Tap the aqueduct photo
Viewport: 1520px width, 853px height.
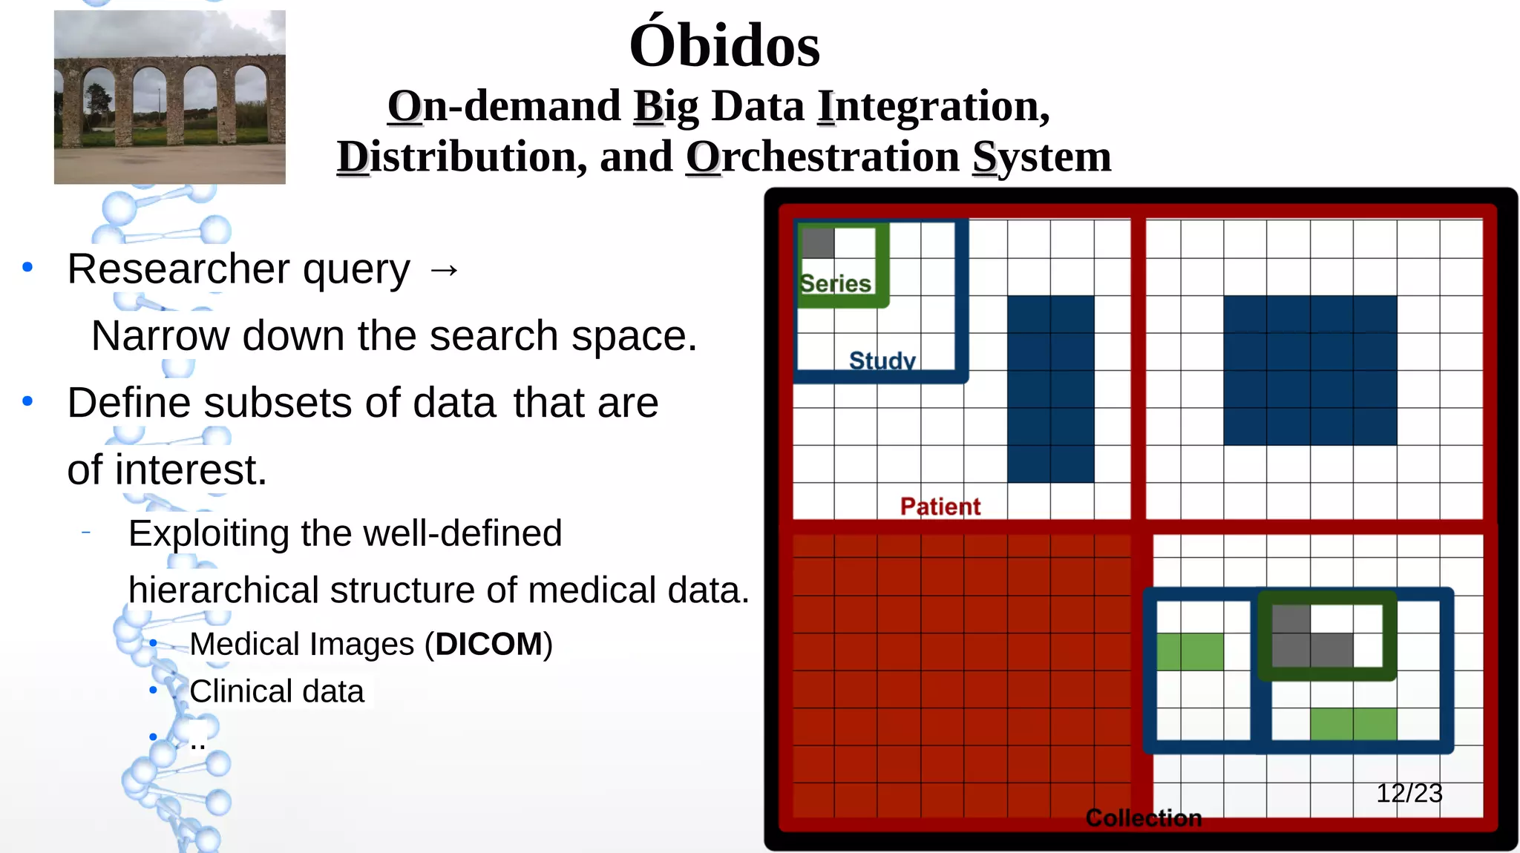pos(169,97)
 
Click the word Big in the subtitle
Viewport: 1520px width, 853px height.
pos(666,106)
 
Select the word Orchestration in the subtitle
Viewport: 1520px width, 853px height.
pos(822,157)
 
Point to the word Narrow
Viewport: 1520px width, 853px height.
pos(160,336)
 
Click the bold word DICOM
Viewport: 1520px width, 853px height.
pos(489,644)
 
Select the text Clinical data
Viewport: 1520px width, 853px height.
pos(276,691)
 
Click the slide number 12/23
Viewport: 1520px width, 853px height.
pos(1409,793)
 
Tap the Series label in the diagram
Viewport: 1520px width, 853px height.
pos(835,283)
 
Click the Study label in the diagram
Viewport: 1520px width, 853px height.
pos(882,360)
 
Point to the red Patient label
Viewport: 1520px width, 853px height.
pos(940,507)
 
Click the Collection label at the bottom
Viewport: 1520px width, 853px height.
pos(1143,818)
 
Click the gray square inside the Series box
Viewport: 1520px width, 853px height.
pos(818,243)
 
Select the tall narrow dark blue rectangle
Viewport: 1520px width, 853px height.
pos(1050,389)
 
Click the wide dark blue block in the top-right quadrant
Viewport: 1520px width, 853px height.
pos(1309,370)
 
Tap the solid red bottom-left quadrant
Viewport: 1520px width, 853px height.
pos(961,675)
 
